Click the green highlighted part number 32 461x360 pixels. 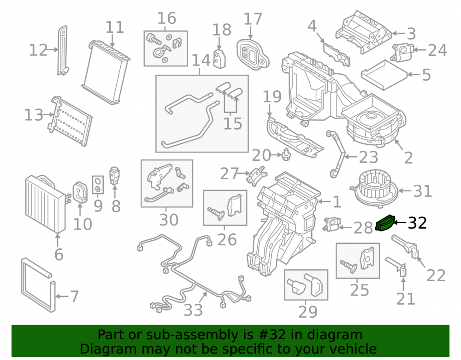pyautogui.click(x=385, y=224)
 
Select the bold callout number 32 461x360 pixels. pyautogui.click(x=417, y=223)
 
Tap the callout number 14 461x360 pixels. pyautogui.click(x=201, y=60)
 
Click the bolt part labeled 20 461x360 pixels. pyautogui.click(x=285, y=154)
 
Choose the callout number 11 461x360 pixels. pyautogui.click(x=115, y=27)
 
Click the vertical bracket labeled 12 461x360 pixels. pyautogui.click(x=63, y=50)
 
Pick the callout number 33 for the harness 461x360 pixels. pyautogui.click(x=193, y=310)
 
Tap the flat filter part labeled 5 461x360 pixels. pyautogui.click(x=384, y=75)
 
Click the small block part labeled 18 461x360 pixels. pyautogui.click(x=219, y=59)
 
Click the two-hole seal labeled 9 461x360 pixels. pyautogui.click(x=98, y=185)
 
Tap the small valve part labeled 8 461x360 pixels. pyautogui.click(x=114, y=176)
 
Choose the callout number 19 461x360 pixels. pyautogui.click(x=272, y=97)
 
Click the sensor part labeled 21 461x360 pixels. pyautogui.click(x=397, y=266)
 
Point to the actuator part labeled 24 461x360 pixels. pyautogui.click(x=402, y=52)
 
